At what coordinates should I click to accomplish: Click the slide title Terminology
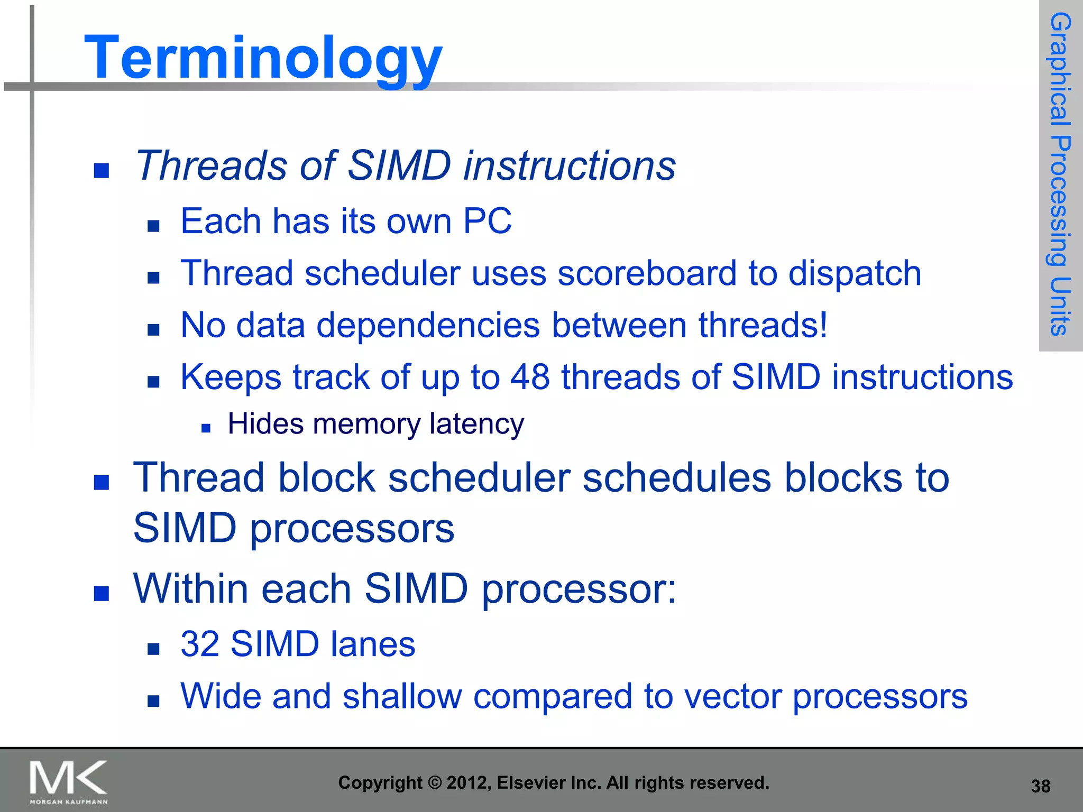pyautogui.click(x=263, y=57)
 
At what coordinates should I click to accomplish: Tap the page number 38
pyautogui.click(x=1040, y=786)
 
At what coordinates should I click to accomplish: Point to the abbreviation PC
pyautogui.click(x=487, y=220)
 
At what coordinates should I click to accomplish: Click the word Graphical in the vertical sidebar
pyautogui.click(x=1060, y=69)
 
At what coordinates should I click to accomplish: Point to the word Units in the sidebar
pyautogui.click(x=1060, y=307)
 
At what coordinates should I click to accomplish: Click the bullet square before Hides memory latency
pyautogui.click(x=206, y=428)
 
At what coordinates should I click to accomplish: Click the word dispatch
pyautogui.click(x=855, y=273)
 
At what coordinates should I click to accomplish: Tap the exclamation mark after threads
pyautogui.click(x=822, y=325)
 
